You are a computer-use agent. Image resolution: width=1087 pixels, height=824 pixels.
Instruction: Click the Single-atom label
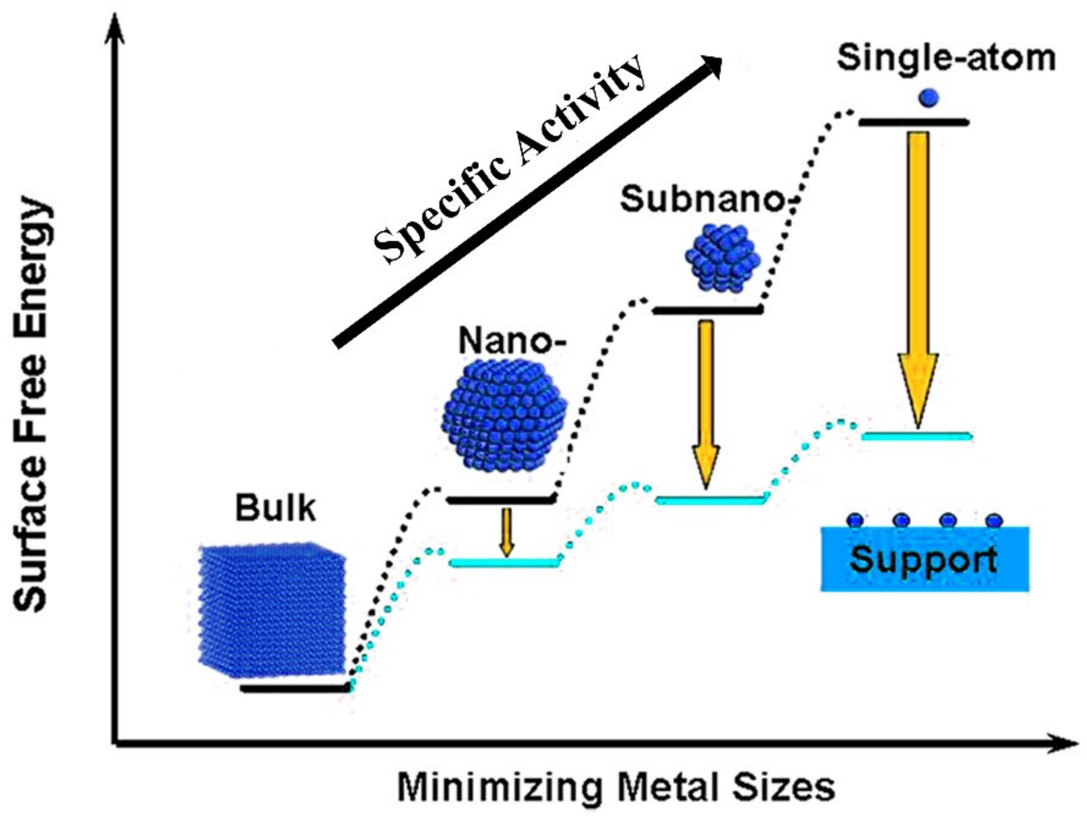coord(946,58)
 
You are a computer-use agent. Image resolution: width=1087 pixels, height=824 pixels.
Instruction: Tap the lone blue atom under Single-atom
coord(928,97)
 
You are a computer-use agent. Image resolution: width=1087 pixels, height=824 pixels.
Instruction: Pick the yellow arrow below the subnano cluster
coord(706,403)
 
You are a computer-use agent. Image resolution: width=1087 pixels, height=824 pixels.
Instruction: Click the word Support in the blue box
coord(924,559)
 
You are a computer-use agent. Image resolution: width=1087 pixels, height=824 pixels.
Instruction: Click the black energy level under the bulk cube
coord(295,688)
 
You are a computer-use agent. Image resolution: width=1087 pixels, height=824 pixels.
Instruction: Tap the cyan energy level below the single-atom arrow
coord(917,436)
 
